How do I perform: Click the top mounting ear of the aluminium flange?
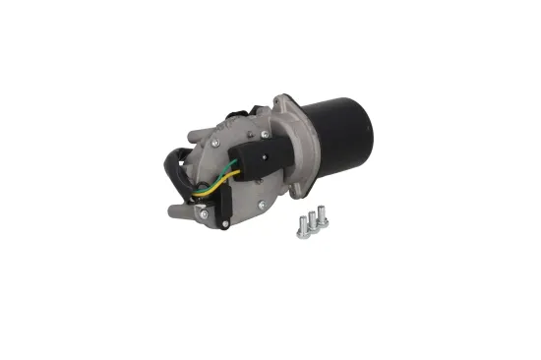point(286,100)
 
